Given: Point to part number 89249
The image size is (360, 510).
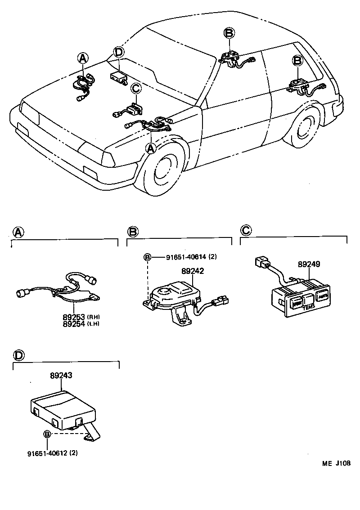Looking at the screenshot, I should (309, 265).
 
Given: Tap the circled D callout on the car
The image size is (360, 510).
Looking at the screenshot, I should (118, 52).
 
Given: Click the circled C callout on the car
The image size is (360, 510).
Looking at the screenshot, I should (136, 89).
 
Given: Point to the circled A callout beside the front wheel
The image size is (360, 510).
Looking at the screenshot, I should (151, 148).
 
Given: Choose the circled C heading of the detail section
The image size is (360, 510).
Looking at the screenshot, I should (246, 231).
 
